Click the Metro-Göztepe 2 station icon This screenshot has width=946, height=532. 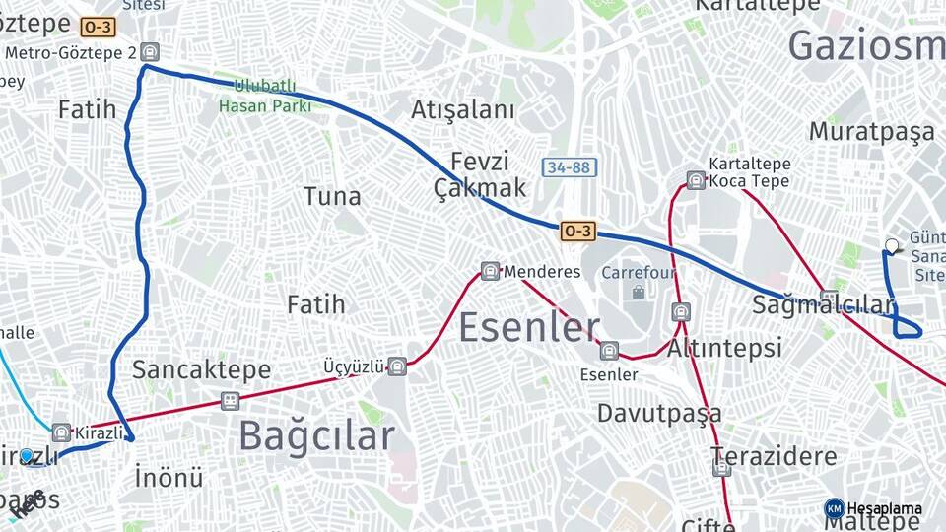(149, 52)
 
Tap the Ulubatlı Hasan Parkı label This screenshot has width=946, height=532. (264, 96)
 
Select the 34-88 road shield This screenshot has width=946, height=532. (569, 167)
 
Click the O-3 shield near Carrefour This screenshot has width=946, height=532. (577, 231)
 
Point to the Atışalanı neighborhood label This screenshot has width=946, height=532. (463, 109)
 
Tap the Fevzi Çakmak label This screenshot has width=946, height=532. (480, 174)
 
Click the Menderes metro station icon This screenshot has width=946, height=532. (490, 271)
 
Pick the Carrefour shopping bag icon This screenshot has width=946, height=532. (639, 292)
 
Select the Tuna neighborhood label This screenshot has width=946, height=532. (332, 196)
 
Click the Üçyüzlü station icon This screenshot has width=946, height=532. (396, 366)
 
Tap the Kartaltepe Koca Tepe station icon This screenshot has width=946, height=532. (696, 180)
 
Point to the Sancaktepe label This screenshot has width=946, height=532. (201, 369)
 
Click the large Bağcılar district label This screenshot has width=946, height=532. (315, 434)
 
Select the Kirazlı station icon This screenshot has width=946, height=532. (61, 432)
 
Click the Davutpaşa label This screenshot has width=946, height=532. (659, 413)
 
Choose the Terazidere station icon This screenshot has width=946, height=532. (722, 468)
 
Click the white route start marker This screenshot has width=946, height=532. (892, 246)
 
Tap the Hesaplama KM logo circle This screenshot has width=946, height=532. (835, 508)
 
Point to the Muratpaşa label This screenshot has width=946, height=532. (871, 131)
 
